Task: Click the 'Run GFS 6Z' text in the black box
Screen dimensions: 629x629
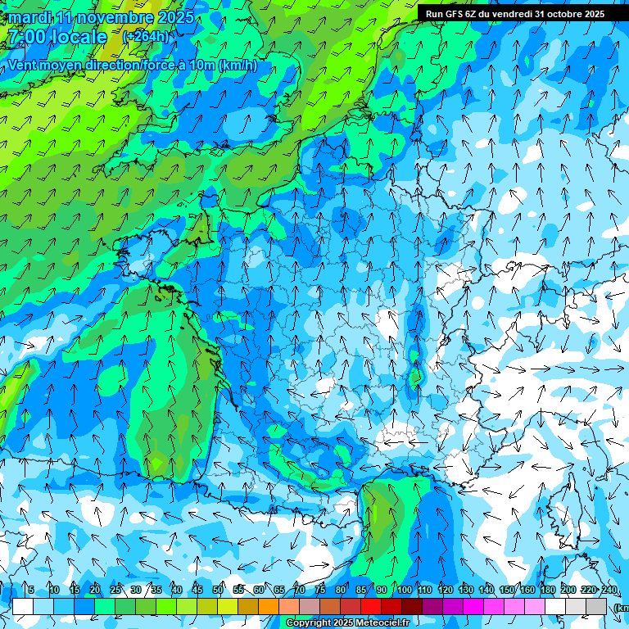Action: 451,14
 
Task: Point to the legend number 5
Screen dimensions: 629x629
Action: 31,590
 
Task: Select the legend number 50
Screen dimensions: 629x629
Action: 218,590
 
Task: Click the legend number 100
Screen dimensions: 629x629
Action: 404,590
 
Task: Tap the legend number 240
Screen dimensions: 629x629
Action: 609,590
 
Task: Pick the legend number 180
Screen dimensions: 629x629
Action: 547,590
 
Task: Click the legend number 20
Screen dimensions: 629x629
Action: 95,590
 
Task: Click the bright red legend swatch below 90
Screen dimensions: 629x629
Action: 371,606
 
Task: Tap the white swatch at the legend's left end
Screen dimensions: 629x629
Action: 23,606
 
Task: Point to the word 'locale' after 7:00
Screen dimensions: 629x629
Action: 78,37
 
